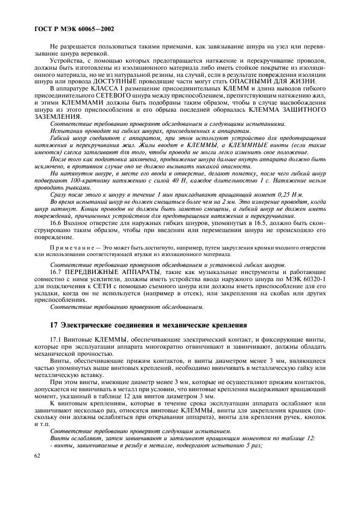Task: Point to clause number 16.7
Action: (57, 271)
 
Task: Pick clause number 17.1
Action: (57, 340)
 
